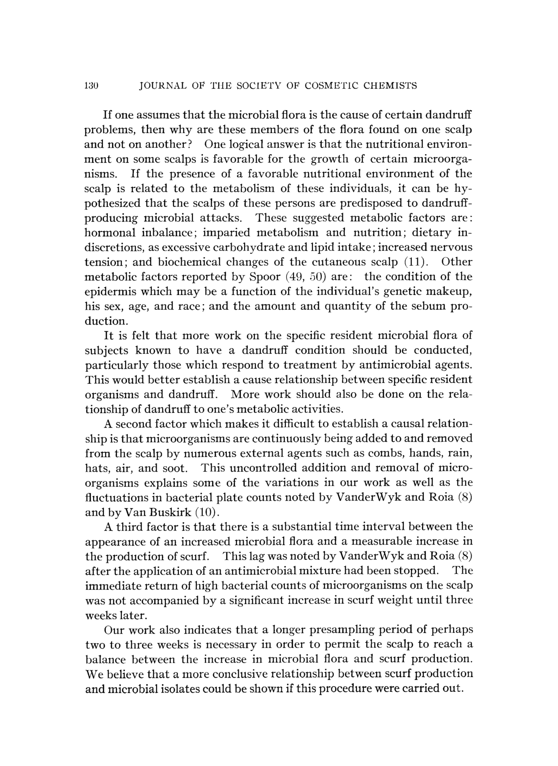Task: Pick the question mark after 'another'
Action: [x=190, y=144]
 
